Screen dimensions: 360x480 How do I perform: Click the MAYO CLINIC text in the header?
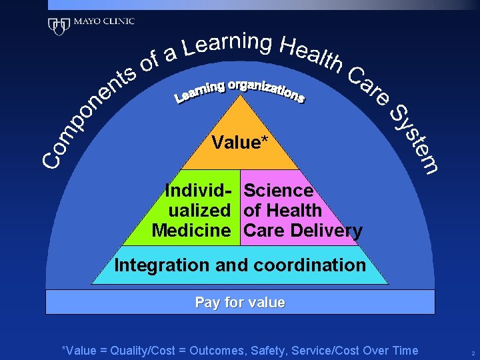pos(103,21)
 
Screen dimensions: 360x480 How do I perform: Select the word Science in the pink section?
pos(278,191)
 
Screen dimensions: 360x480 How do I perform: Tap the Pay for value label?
pos(240,303)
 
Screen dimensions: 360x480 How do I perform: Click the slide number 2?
pos(472,352)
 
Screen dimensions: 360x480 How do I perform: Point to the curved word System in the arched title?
pos(414,137)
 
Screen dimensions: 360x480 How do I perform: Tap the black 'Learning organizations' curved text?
pos(239,92)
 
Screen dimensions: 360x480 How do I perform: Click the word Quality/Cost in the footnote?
pos(148,351)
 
